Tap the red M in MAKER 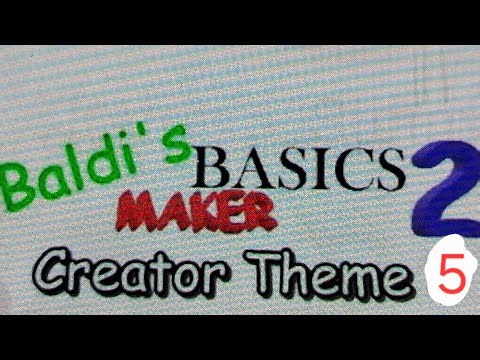141,211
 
